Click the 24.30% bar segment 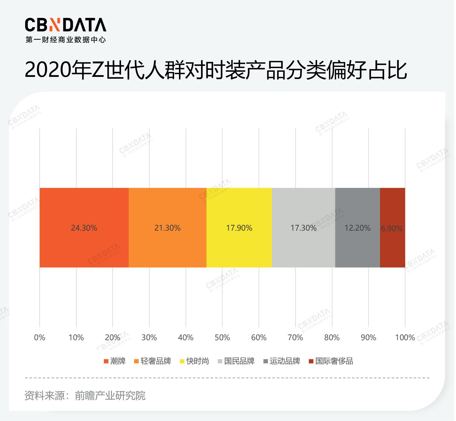point(84,228)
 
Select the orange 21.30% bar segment point(167,228)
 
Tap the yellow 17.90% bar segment point(239,228)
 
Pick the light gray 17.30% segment point(303,228)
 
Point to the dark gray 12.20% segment point(357,228)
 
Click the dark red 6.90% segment point(392,228)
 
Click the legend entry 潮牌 point(115,361)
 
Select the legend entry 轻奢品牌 point(153,361)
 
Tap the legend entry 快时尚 point(194,361)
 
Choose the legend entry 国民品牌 point(236,361)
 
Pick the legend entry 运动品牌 point(282,361)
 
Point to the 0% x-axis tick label point(40,337)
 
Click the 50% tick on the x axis point(222,337)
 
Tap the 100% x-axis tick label point(405,337)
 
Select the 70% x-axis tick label point(295,337)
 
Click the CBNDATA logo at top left point(65,25)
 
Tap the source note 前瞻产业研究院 point(110,396)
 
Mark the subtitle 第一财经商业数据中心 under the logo point(65,40)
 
